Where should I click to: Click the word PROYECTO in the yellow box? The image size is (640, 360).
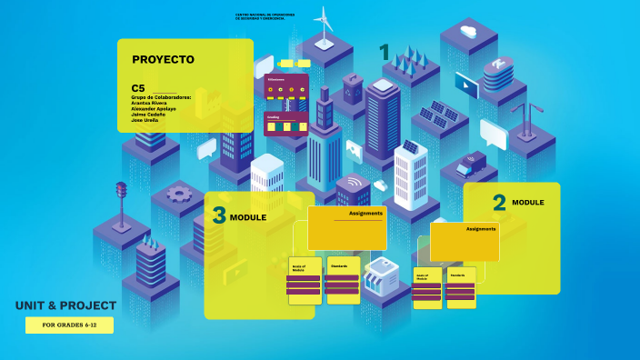(164, 60)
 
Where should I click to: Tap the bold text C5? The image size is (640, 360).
(138, 87)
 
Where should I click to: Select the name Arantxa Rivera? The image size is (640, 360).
(149, 103)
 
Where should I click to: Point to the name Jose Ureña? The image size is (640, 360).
(145, 121)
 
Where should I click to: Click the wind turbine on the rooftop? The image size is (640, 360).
(324, 25)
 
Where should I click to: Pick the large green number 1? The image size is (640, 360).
(385, 52)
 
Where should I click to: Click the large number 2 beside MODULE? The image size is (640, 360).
(499, 203)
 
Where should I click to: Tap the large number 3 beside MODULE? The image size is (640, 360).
(218, 216)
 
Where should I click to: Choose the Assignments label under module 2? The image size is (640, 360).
(481, 229)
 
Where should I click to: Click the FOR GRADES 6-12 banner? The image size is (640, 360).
(70, 325)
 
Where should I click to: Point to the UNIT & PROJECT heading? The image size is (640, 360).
(65, 305)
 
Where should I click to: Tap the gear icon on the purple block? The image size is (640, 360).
(178, 193)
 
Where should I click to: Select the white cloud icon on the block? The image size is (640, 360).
(469, 32)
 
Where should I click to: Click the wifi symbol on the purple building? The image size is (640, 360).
(354, 185)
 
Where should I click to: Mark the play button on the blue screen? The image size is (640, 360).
(466, 87)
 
